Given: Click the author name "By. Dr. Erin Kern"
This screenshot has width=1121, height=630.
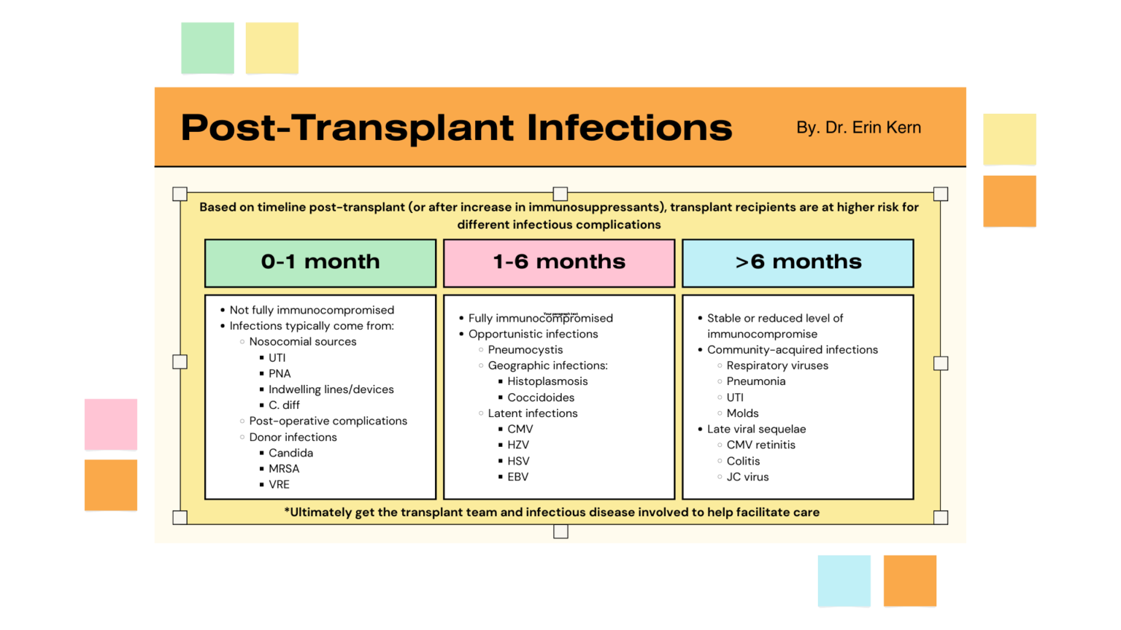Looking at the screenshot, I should [x=858, y=128].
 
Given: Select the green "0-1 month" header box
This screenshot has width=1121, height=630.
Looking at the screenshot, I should [x=320, y=262].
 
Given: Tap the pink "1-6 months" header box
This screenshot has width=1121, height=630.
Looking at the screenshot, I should [x=559, y=262].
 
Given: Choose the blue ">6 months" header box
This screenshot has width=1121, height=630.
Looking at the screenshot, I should [x=798, y=262].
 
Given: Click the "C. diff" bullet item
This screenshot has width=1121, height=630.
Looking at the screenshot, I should [x=284, y=405].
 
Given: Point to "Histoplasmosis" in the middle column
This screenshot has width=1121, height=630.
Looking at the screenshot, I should [x=547, y=381].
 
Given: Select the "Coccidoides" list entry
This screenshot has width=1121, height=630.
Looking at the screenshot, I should [x=541, y=397].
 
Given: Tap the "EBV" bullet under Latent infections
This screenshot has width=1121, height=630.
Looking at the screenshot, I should [x=517, y=477].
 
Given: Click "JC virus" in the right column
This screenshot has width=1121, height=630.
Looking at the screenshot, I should [x=747, y=477].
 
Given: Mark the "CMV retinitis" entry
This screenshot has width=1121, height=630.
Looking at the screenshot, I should [x=760, y=445].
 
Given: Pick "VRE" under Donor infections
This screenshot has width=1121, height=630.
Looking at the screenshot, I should [x=279, y=485].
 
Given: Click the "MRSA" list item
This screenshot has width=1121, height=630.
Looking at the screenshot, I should [x=284, y=469].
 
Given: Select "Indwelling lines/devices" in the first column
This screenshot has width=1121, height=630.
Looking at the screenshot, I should [x=331, y=389].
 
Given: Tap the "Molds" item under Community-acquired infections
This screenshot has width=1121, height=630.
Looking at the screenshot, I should [x=742, y=413].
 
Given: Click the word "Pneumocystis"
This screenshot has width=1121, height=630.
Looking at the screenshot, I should [x=525, y=350].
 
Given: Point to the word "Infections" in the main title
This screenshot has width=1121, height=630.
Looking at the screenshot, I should [x=629, y=128].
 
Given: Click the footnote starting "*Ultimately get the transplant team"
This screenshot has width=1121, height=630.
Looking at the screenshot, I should [x=552, y=512].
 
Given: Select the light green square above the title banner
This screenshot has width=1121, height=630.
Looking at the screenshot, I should [x=207, y=48].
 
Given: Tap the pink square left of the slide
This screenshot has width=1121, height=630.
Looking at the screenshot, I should [x=111, y=424].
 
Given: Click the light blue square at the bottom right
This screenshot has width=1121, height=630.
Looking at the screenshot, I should [x=844, y=580].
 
